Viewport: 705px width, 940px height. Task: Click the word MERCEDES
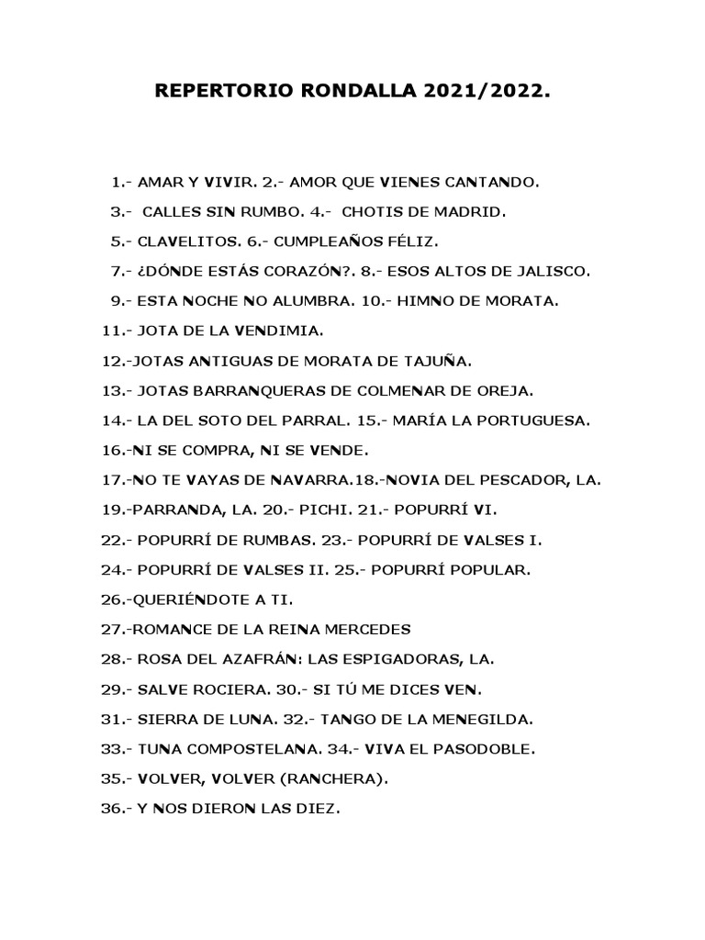(x=364, y=630)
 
